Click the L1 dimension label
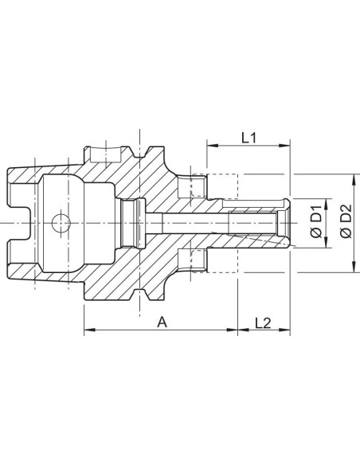pos(248,138)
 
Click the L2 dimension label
pos(263,323)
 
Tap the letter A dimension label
pos(162,322)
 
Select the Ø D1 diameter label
pos(316,221)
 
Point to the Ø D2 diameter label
pos(346,221)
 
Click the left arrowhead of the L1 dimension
pos(213,145)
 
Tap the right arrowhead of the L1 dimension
pos(284,145)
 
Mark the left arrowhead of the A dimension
pos(89,330)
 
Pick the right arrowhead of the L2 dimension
pos(284,330)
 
